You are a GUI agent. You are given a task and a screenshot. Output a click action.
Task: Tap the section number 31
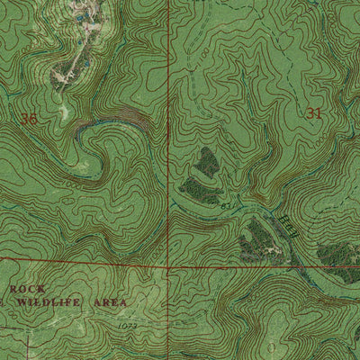click(314, 112)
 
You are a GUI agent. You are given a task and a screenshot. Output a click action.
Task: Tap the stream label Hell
click(285, 220)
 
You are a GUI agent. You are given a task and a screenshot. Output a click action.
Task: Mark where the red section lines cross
click(168, 267)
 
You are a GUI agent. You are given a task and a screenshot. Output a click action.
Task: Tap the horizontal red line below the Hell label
click(270, 267)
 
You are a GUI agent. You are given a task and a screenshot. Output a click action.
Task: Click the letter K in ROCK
click(40, 288)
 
